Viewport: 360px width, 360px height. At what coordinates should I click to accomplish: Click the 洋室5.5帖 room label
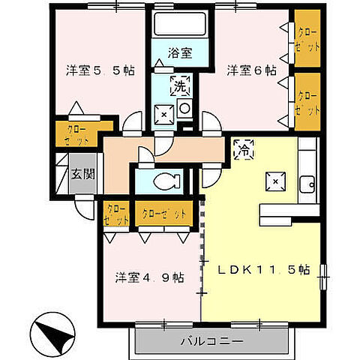pyautogui.click(x=100, y=71)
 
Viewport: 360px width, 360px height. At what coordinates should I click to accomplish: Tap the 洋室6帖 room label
pyautogui.click(x=250, y=70)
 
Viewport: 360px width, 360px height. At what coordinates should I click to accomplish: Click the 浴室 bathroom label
pyautogui.click(x=181, y=54)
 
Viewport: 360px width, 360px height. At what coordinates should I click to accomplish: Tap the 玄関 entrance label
pyautogui.click(x=82, y=175)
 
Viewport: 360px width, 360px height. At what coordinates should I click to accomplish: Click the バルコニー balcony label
pyautogui.click(x=211, y=342)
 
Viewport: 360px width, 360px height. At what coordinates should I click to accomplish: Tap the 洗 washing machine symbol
pyautogui.click(x=180, y=86)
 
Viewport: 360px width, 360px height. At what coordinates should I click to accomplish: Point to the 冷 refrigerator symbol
pyautogui.click(x=244, y=151)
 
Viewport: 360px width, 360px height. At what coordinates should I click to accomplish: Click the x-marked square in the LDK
pyautogui.click(x=275, y=180)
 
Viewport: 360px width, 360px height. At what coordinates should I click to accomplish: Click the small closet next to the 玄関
pyautogui.click(x=117, y=214)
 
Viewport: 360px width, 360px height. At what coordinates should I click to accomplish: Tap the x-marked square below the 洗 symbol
pyautogui.click(x=164, y=114)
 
